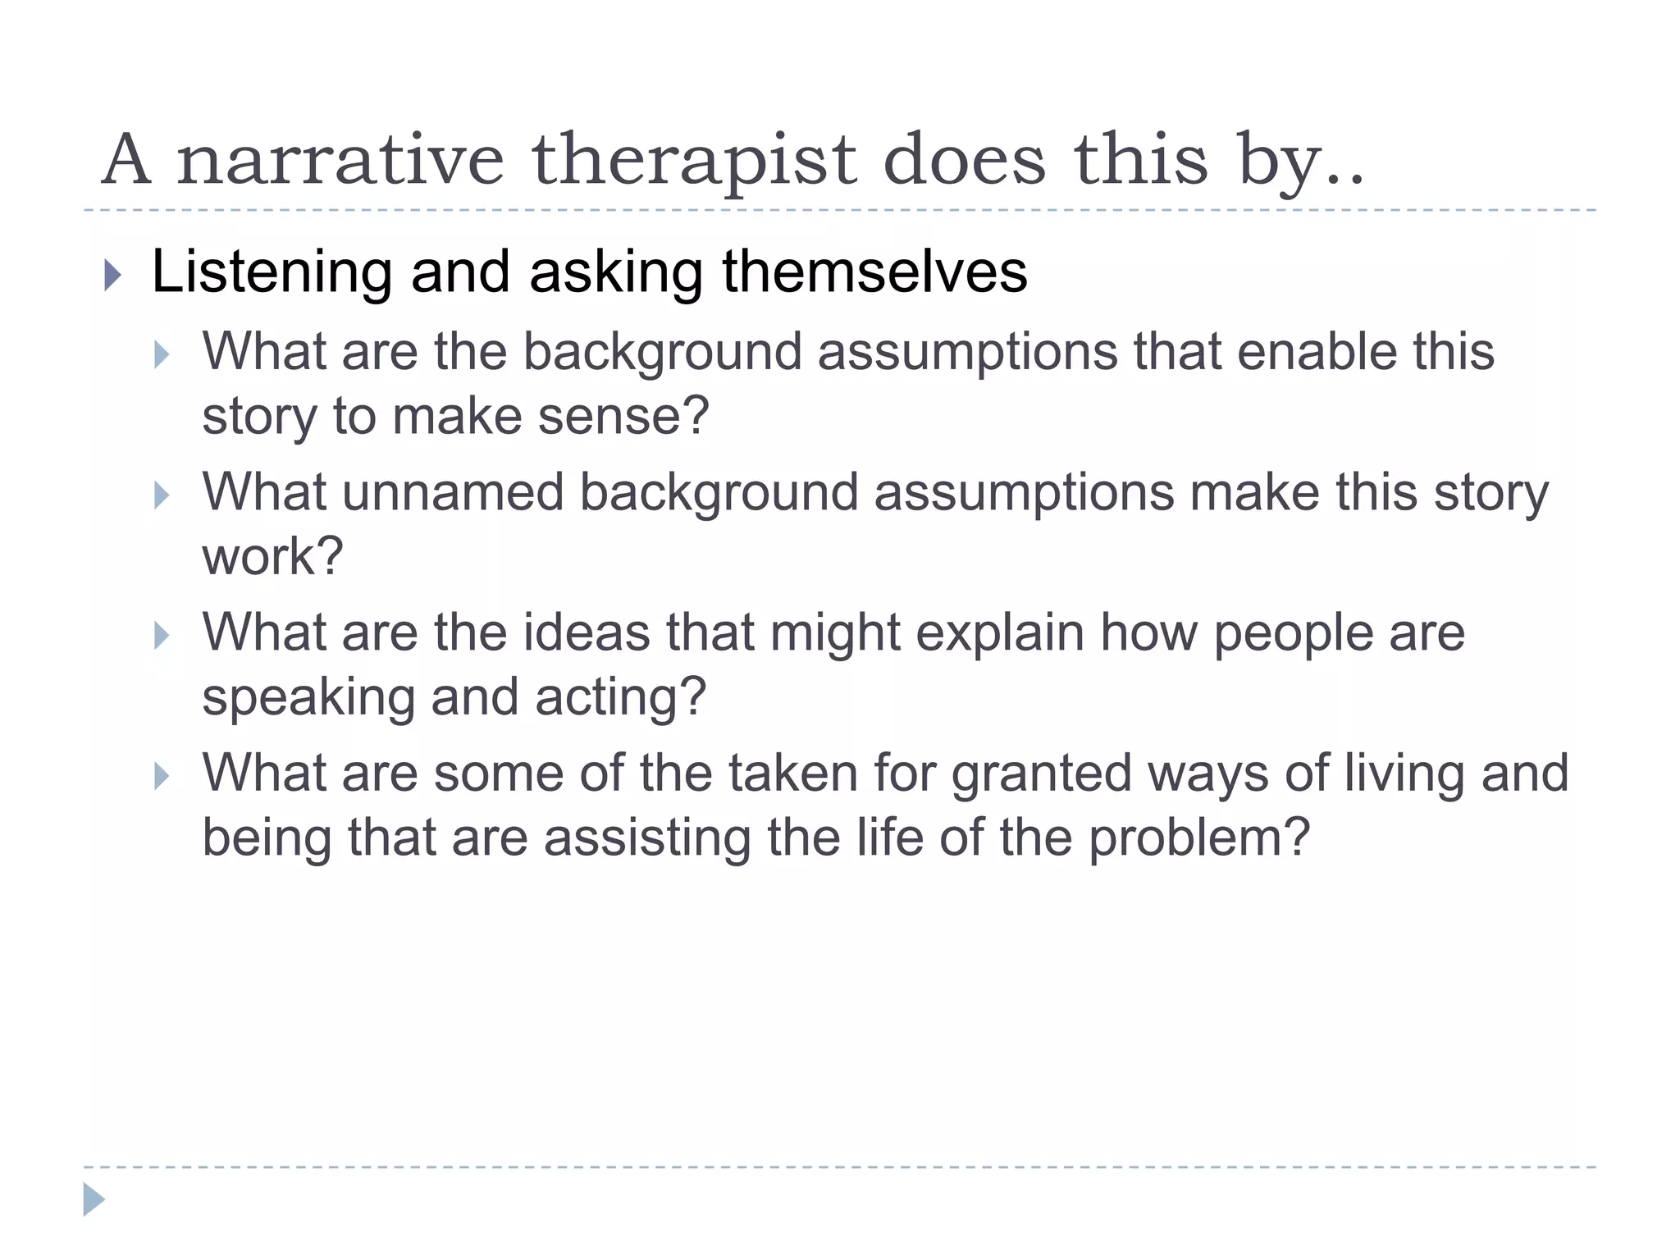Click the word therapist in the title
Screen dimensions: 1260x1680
click(692, 160)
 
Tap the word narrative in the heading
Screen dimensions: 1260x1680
click(340, 160)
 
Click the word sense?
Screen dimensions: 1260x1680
click(623, 416)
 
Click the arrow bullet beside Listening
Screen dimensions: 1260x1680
click(113, 276)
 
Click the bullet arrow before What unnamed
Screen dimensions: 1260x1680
click(162, 495)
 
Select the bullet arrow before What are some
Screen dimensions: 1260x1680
click(162, 776)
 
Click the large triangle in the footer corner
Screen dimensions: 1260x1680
click(94, 1199)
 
